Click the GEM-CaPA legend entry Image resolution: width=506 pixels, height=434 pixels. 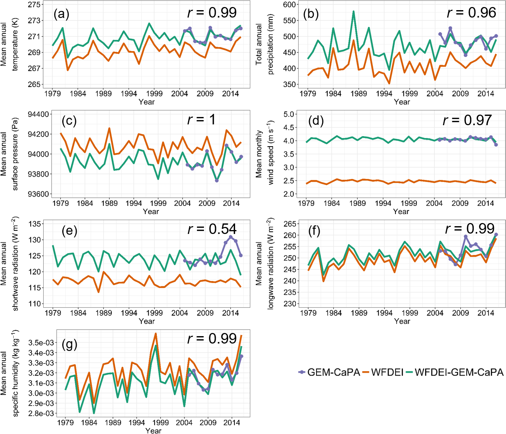329,372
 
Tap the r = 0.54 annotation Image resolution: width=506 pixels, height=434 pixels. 212,229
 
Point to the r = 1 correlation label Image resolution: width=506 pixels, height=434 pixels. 201,120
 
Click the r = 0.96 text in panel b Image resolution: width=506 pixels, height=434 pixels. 471,13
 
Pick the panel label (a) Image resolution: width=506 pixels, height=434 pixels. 61,14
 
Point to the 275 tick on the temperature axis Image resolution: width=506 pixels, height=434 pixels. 34,5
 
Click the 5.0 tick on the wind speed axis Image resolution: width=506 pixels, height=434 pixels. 288,114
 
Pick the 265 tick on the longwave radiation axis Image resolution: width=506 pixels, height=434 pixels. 290,224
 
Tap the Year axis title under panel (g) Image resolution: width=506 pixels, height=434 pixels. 153,430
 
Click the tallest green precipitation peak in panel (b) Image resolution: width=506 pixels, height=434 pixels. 353,11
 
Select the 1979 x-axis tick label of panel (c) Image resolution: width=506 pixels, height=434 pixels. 61,203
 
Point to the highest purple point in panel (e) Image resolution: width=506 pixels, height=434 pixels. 230,237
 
